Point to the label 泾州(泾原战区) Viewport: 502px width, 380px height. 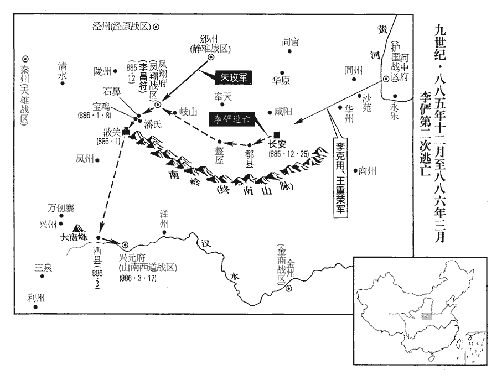click(x=122, y=26)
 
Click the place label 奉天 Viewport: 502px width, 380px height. click(x=222, y=96)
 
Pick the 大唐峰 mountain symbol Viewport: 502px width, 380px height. click(x=78, y=229)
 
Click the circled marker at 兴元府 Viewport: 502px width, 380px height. click(x=125, y=243)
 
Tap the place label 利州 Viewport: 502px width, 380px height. click(x=35, y=298)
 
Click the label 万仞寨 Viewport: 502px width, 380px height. click(x=61, y=209)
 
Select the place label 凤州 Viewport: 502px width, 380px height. click(x=85, y=159)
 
